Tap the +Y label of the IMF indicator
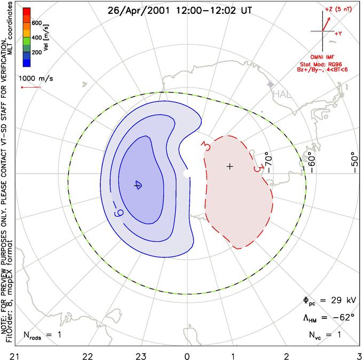338,33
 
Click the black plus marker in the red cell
230,167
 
